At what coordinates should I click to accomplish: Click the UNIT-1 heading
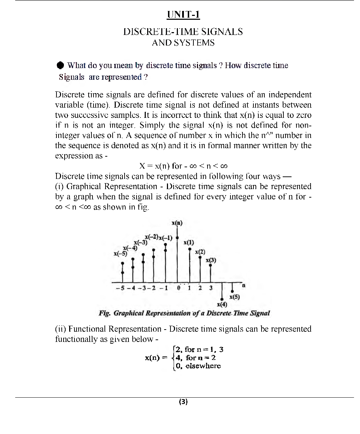coord(183,15)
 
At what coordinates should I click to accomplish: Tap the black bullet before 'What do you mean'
coord(60,66)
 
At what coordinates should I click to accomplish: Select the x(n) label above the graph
coord(177,223)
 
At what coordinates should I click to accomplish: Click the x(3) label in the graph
coord(211,260)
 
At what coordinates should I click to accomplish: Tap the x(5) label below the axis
coord(234,297)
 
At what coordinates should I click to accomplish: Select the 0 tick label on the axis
coord(179,288)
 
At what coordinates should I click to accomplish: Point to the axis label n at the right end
coord(244,285)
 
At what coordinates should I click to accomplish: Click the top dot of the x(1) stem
coord(190,249)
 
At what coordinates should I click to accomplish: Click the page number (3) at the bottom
coord(184,402)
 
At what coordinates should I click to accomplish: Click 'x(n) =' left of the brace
coord(156,358)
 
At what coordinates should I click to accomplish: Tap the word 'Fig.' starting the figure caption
coord(104,313)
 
